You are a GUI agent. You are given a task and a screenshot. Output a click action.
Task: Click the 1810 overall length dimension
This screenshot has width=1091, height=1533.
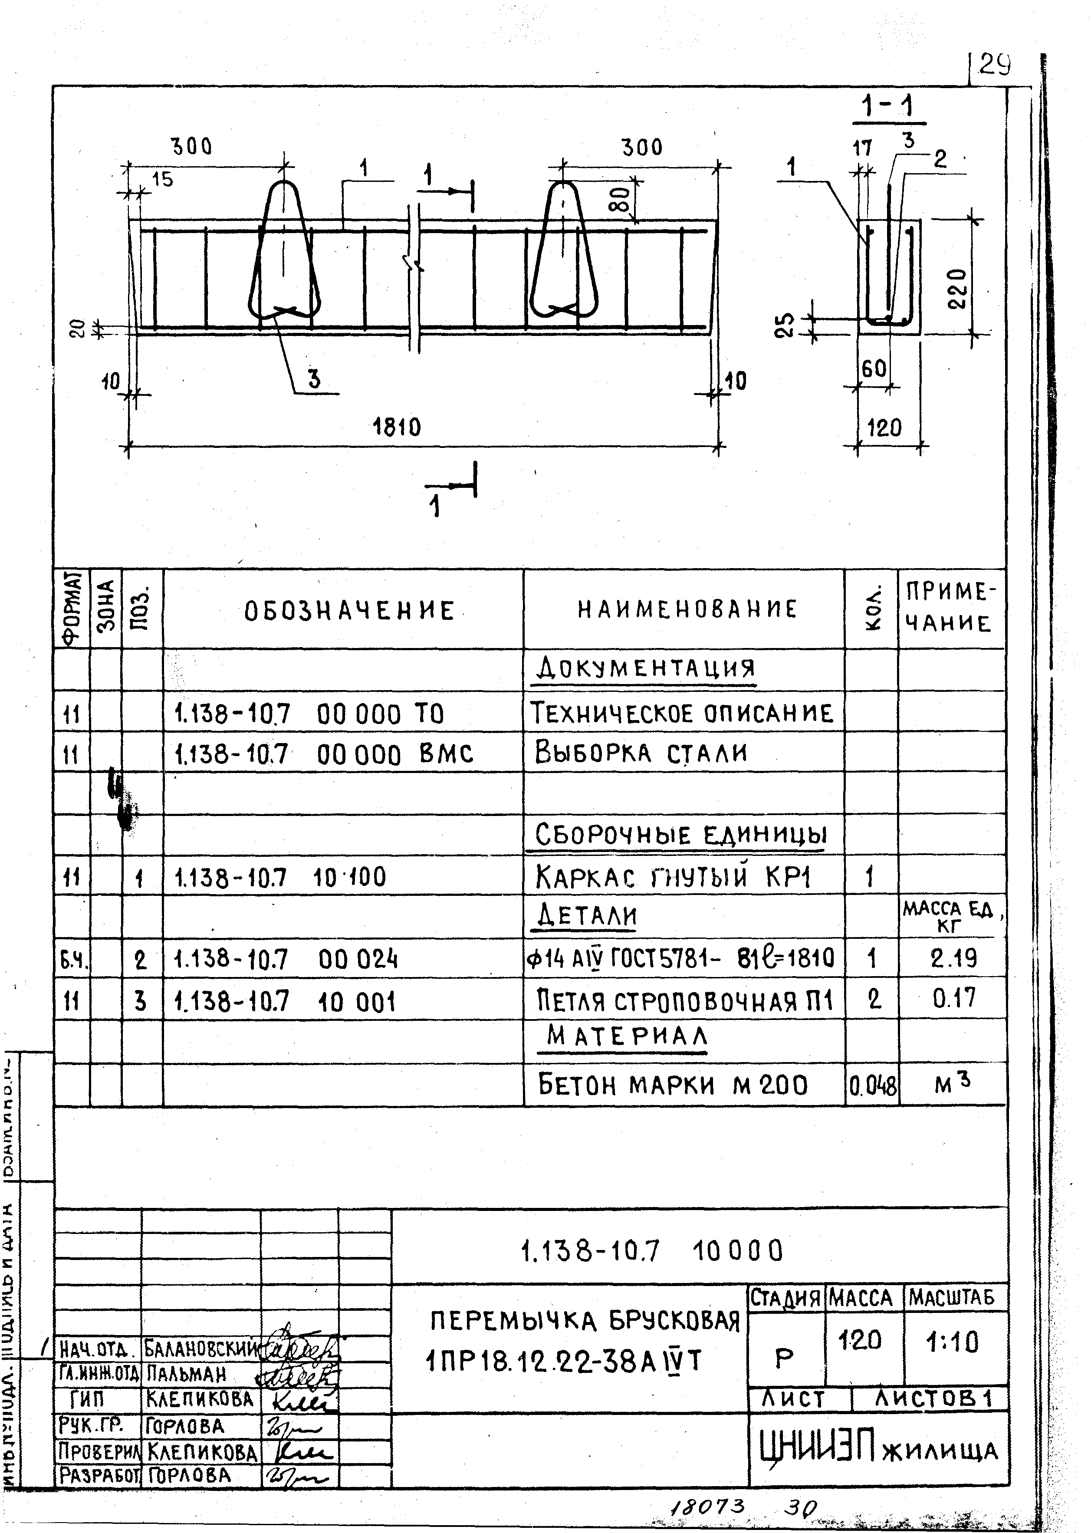point(396,427)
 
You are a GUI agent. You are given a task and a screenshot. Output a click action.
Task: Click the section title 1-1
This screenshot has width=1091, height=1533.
point(888,108)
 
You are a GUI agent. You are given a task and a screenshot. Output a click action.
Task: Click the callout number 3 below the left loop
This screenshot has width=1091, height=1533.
point(314,380)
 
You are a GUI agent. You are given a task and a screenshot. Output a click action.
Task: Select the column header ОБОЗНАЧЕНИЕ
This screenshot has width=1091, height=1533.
point(349,611)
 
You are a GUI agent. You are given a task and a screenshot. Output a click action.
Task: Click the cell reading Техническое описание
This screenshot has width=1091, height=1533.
point(682,713)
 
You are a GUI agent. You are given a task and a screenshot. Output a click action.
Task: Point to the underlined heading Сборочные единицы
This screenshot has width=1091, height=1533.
point(680,835)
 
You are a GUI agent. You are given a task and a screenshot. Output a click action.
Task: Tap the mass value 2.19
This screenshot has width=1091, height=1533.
point(953,958)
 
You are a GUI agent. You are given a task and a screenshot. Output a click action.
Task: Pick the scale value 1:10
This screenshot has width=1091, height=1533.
point(953,1342)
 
